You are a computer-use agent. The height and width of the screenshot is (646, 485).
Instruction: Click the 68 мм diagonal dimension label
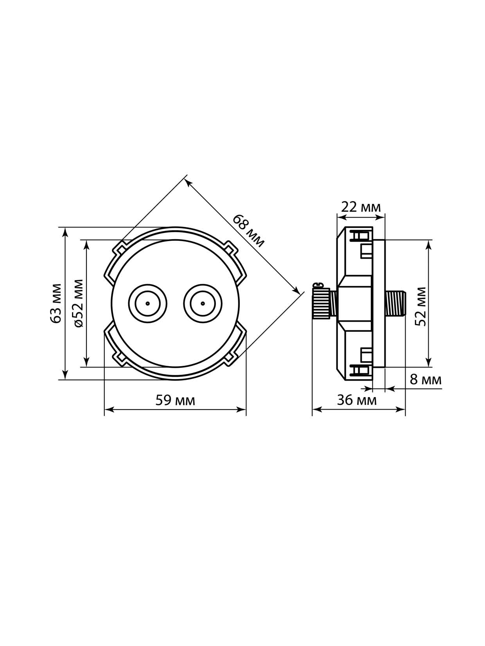[248, 231]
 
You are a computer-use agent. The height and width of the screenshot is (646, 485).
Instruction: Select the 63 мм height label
[56, 303]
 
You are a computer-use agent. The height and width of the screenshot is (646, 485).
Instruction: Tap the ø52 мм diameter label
[78, 303]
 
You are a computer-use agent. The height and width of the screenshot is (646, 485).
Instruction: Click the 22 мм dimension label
[361, 207]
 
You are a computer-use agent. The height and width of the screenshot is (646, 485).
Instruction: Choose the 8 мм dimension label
[426, 379]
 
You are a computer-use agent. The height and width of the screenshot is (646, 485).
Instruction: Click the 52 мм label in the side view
[420, 306]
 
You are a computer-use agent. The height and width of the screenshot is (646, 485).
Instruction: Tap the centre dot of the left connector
[147, 303]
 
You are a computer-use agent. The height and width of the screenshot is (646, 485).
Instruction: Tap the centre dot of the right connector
[203, 303]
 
